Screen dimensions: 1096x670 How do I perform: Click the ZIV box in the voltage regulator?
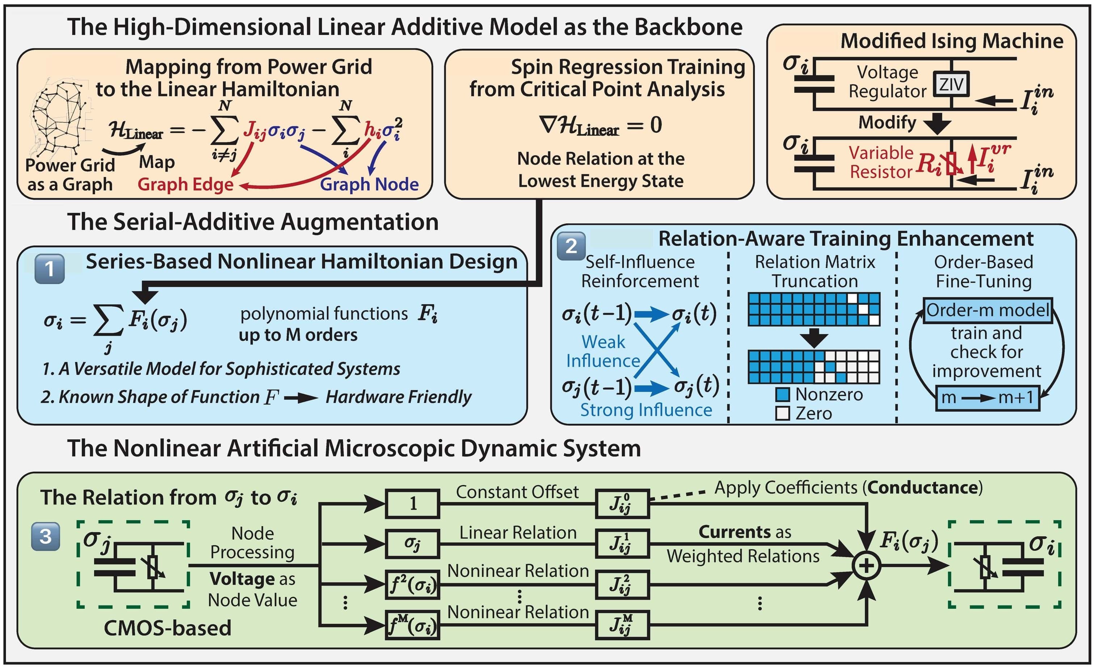(x=951, y=84)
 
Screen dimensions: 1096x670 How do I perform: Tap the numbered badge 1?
(x=49, y=269)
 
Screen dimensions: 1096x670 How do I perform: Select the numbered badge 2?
(x=571, y=246)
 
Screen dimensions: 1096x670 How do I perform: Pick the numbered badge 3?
(x=45, y=536)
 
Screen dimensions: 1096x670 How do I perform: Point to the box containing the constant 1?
(x=412, y=504)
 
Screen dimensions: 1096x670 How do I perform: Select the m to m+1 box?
(x=987, y=398)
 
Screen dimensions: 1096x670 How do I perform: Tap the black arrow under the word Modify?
(x=937, y=123)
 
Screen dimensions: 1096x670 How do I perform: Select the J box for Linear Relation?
(x=622, y=544)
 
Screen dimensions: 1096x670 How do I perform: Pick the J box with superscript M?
(x=622, y=625)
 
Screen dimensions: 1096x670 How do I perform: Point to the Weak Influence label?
(x=603, y=351)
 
